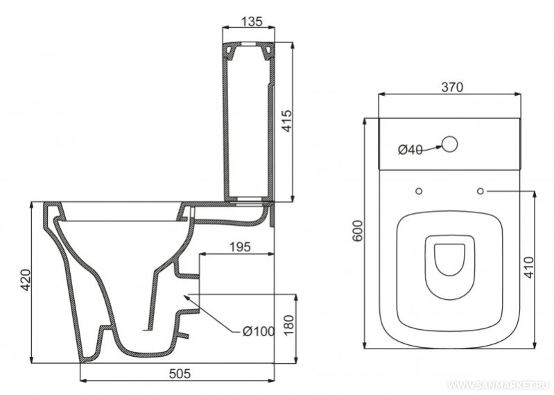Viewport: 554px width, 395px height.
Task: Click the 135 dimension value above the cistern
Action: (x=252, y=22)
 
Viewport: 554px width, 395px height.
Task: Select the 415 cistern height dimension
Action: (x=287, y=121)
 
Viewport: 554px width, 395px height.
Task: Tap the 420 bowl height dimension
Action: (x=26, y=280)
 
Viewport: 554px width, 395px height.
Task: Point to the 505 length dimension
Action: (x=180, y=373)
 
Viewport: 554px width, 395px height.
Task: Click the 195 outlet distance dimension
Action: (x=240, y=247)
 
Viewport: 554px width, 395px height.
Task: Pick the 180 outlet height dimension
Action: (x=288, y=326)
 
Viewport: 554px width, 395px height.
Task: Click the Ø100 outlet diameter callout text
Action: (x=258, y=331)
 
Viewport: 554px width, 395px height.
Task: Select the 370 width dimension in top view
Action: (x=452, y=87)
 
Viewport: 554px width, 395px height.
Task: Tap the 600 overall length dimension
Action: (x=358, y=230)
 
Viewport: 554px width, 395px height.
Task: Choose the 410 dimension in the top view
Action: (x=529, y=267)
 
